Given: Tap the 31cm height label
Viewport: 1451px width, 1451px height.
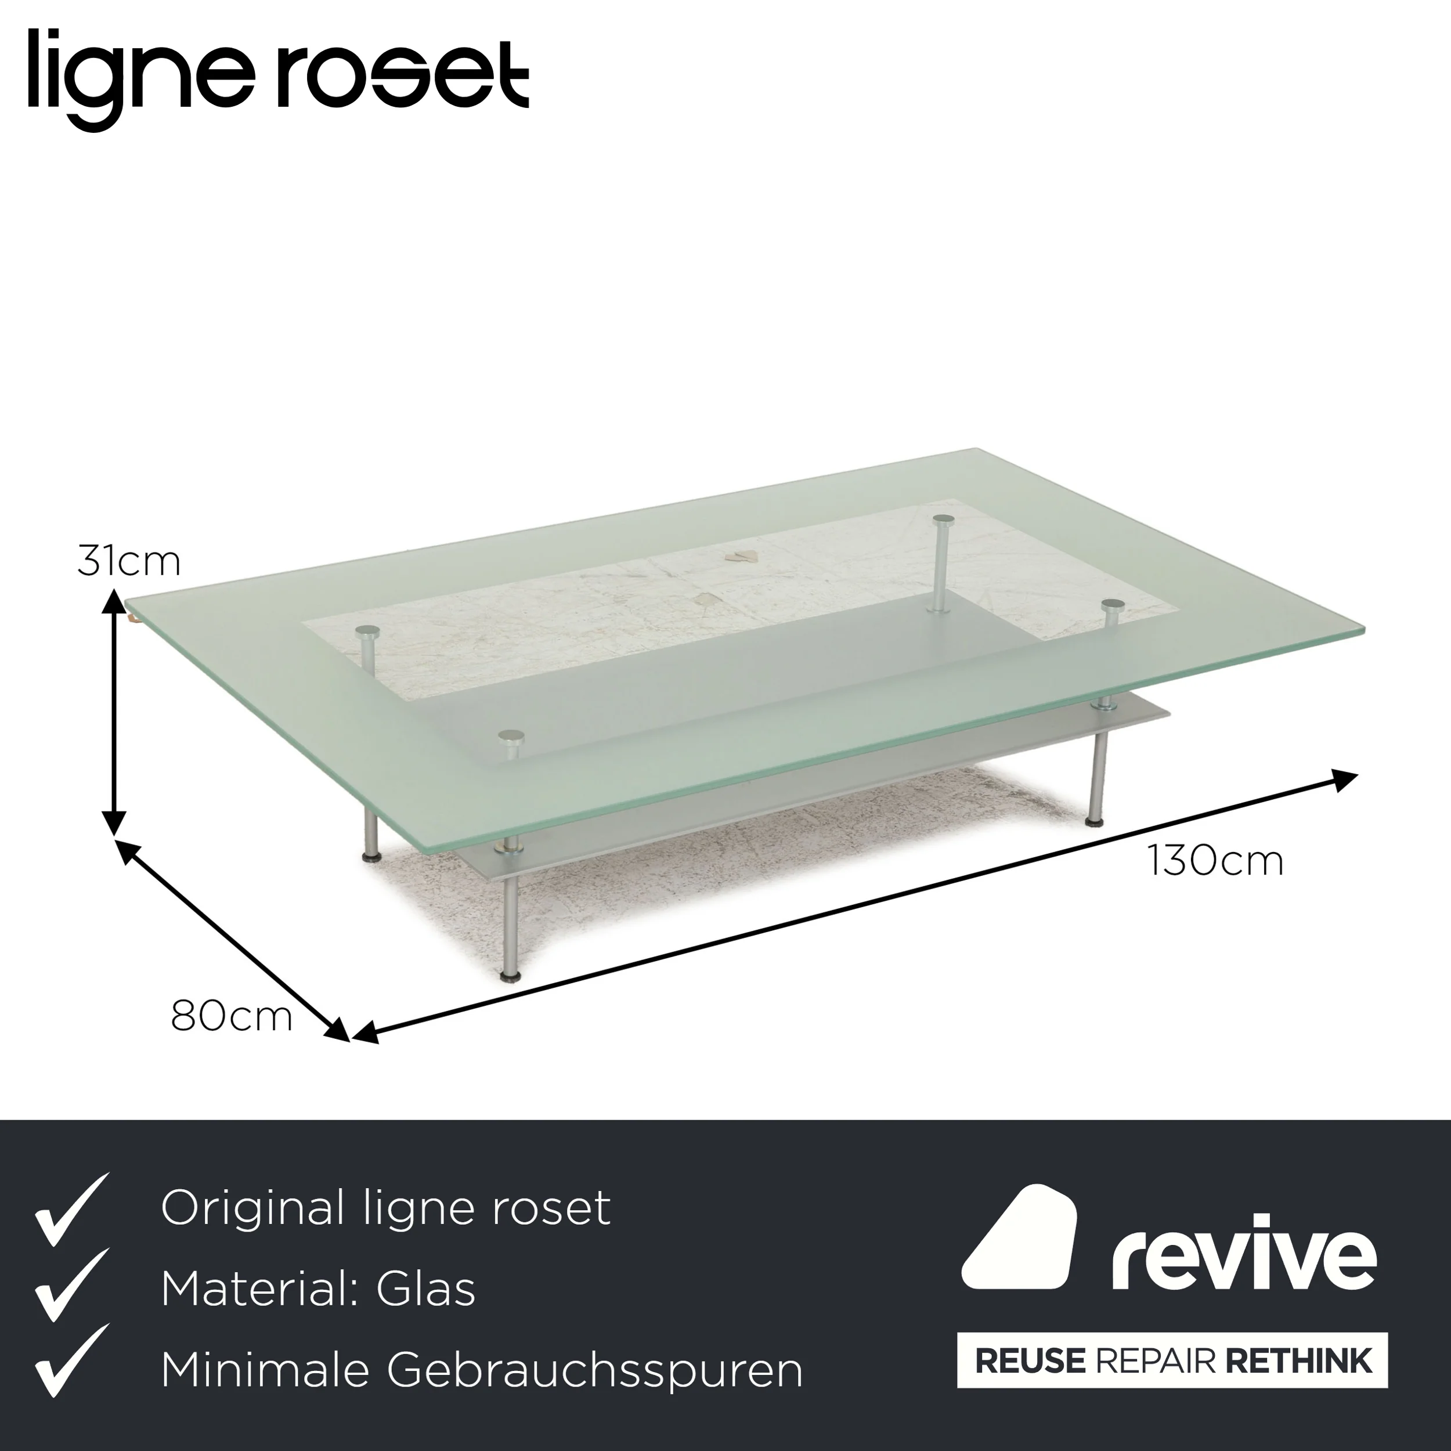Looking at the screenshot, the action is (x=128, y=562).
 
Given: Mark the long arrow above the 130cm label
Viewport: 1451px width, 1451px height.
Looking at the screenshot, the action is (x=855, y=907).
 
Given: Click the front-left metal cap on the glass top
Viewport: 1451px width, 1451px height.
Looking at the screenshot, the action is (x=511, y=735).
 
